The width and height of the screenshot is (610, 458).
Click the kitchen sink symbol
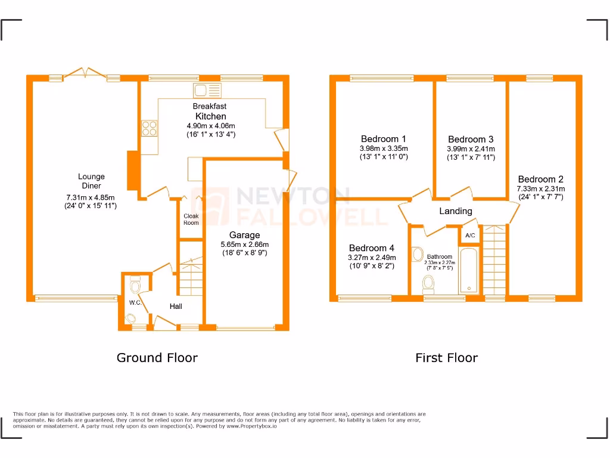click(x=207, y=91)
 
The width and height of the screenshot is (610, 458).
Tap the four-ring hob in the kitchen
click(x=149, y=129)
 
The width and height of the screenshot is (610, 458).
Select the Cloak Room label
click(x=191, y=219)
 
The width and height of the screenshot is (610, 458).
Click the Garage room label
click(x=245, y=235)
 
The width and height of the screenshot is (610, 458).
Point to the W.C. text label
click(x=135, y=302)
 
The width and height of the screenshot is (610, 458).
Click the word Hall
click(x=176, y=307)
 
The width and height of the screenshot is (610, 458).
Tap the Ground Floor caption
click(x=157, y=358)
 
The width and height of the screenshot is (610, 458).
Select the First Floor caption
click(x=446, y=358)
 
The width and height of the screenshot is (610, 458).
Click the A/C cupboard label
click(x=470, y=236)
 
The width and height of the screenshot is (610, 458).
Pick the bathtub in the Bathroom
click(x=470, y=271)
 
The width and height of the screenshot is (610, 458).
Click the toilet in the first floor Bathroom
click(x=428, y=281)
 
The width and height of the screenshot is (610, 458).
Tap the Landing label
click(x=456, y=211)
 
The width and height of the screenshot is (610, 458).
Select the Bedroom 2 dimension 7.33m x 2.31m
click(x=540, y=188)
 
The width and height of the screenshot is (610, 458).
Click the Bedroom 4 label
click(x=372, y=248)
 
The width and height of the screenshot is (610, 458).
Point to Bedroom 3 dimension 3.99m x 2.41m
click(x=471, y=149)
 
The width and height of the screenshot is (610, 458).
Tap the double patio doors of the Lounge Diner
click(x=84, y=73)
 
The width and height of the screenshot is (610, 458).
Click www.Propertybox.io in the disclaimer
click(x=251, y=426)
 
